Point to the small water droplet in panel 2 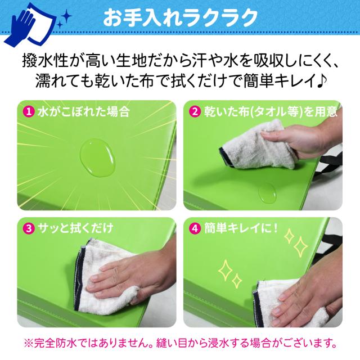[266, 193]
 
